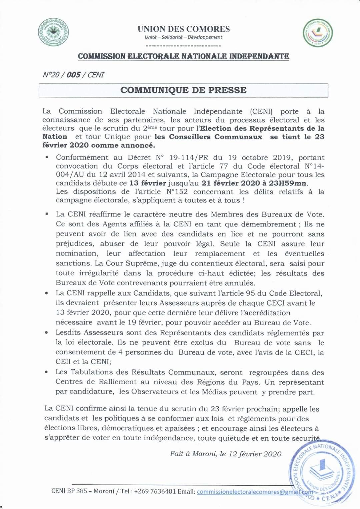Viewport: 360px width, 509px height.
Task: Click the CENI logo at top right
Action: (318, 34)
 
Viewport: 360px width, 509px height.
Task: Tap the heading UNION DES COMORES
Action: (184, 29)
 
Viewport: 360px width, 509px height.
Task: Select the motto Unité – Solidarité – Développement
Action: (183, 37)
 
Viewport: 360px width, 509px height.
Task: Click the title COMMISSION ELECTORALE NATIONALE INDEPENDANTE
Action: (183, 56)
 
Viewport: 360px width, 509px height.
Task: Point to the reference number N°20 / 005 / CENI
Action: (74, 75)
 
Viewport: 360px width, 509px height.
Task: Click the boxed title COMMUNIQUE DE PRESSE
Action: (183, 90)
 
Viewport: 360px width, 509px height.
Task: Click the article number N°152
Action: (177, 192)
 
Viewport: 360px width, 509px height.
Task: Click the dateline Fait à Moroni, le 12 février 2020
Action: (226, 454)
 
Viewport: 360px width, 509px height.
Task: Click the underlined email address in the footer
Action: (255, 492)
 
